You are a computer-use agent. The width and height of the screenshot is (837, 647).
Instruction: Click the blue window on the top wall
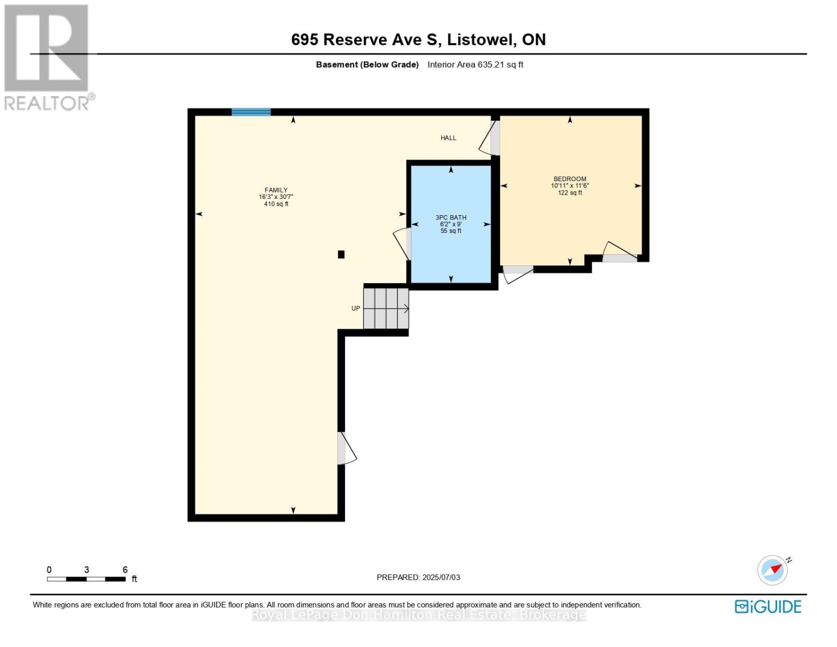click(251, 112)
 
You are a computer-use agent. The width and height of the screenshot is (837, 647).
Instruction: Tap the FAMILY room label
click(276, 190)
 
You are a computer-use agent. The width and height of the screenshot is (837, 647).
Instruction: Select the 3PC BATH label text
click(451, 218)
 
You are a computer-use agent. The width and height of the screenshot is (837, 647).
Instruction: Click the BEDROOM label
click(570, 179)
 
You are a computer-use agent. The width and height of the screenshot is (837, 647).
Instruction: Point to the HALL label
click(448, 138)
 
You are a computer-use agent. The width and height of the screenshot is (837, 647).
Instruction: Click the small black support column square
click(341, 254)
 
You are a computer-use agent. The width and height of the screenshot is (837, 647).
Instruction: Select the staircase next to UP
click(386, 308)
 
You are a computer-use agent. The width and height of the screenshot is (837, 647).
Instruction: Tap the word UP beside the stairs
click(356, 308)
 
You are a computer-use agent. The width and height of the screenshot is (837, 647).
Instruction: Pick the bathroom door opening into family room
click(403, 244)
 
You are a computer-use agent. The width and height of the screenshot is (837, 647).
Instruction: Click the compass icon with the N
click(773, 570)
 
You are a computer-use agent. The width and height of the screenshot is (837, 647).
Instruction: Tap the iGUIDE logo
click(768, 607)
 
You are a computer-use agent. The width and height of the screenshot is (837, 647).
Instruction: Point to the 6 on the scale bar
click(125, 570)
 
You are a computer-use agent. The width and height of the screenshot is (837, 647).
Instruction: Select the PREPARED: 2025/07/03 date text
click(418, 577)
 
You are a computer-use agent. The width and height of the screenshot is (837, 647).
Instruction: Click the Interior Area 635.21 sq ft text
click(475, 65)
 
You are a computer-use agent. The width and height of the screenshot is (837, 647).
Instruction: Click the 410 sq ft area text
click(276, 204)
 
